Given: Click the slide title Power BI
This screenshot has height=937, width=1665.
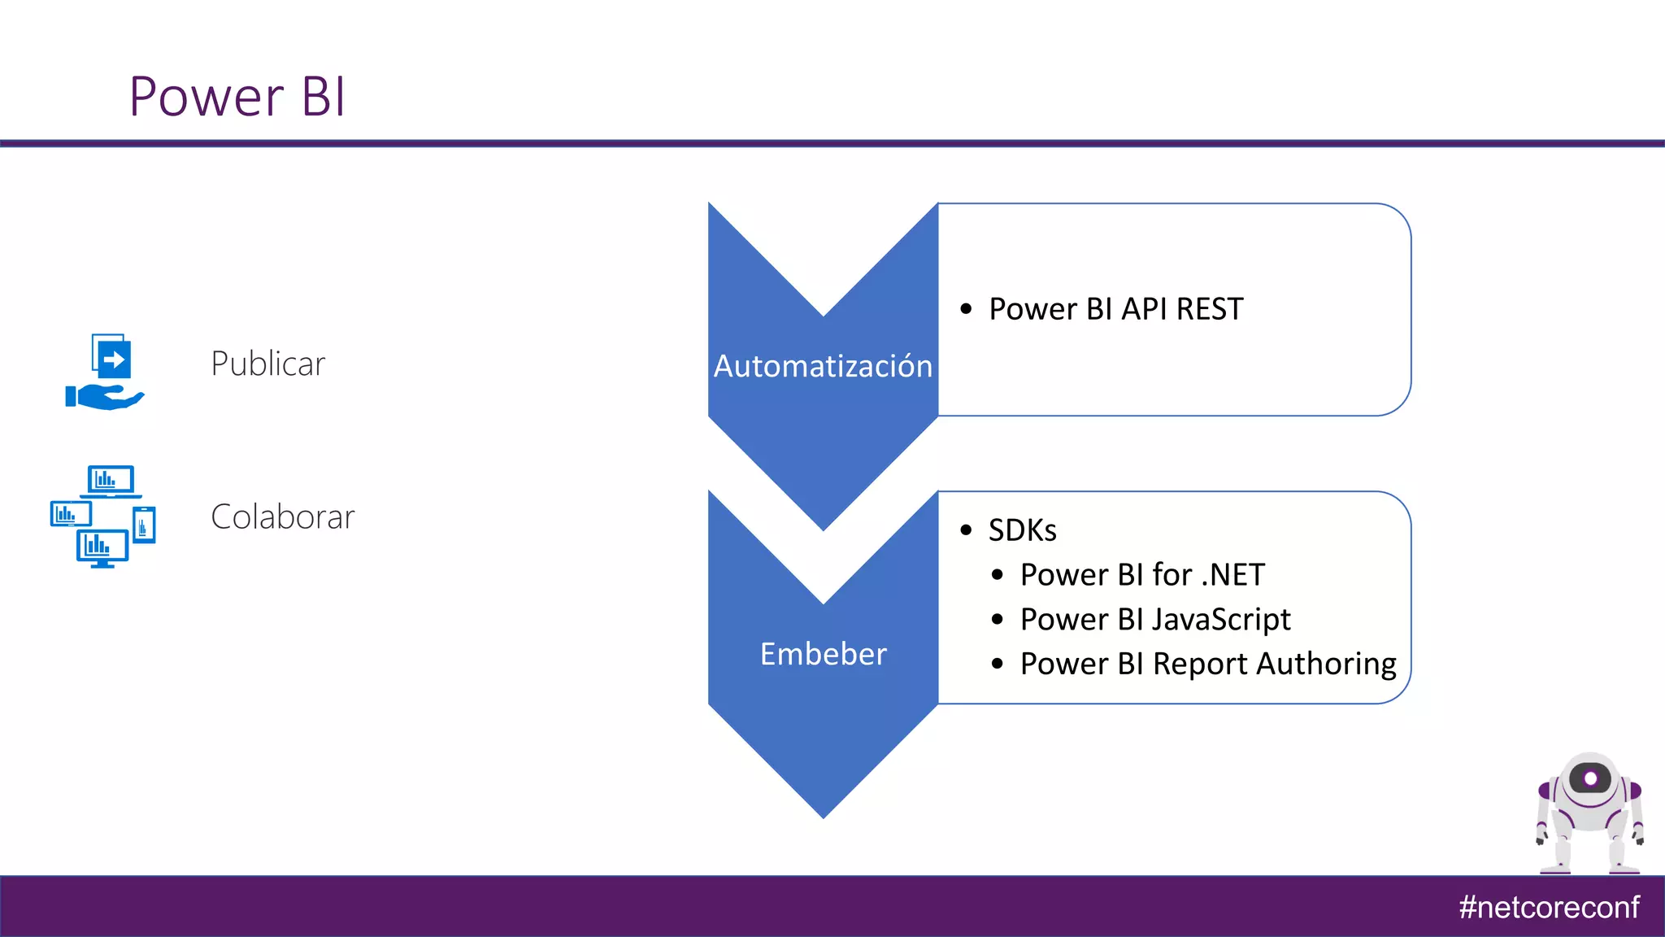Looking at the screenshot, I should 237,97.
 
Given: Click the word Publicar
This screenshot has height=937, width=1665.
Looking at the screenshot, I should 267,364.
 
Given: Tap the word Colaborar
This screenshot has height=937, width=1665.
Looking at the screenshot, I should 282,517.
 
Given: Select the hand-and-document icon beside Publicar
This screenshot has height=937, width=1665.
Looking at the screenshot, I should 106,372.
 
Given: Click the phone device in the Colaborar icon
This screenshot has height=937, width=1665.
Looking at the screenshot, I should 144,525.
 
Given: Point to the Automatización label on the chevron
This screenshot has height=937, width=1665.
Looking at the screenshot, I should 823,366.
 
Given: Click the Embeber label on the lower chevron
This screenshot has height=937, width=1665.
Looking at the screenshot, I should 823,654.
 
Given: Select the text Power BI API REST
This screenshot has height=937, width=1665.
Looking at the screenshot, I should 1115,309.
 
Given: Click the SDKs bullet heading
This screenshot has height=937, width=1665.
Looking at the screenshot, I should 1022,530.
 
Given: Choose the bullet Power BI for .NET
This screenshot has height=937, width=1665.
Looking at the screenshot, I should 1142,575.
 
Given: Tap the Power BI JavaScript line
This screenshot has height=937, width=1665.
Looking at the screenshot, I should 1154,620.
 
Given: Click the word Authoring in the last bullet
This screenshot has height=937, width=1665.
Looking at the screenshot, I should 1326,665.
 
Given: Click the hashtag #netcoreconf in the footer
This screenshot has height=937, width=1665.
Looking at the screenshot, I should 1548,907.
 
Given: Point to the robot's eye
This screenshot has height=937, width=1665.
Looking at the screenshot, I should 1591,778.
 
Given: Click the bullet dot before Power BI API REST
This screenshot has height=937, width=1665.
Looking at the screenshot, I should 966,309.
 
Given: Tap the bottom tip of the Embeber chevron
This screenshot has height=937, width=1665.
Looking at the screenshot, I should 823,813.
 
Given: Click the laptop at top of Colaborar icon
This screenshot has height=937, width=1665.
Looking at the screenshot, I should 111,481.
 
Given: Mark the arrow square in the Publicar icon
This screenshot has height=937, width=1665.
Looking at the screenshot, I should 113,359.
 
